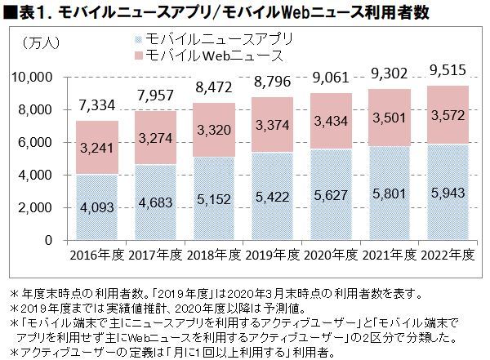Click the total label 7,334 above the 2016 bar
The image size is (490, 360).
pyautogui.click(x=97, y=104)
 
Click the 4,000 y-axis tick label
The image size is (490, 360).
pyautogui.click(x=37, y=175)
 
